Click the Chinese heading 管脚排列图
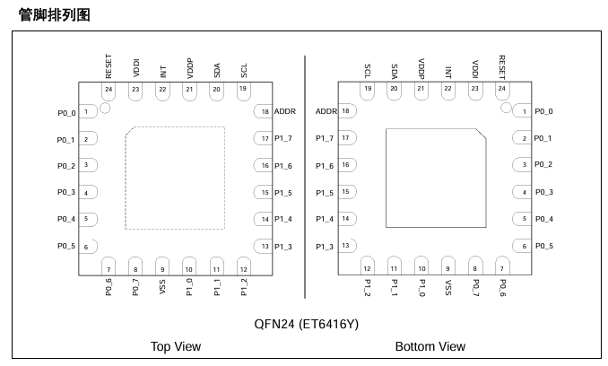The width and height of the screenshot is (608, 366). [55, 15]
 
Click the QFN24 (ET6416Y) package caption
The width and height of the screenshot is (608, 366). [307, 324]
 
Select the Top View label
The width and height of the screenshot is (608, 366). [176, 346]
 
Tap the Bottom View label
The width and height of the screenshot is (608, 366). [430, 346]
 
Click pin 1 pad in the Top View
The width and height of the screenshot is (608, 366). [88, 111]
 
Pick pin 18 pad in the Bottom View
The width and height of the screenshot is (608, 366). [347, 111]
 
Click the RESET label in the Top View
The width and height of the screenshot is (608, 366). [109, 66]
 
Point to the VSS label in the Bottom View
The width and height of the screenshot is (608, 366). [447, 287]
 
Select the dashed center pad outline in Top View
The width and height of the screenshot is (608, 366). [126, 178]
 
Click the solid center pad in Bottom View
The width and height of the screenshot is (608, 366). [436, 178]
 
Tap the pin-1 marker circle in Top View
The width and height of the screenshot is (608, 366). [105, 109]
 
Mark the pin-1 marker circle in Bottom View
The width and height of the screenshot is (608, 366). [506, 108]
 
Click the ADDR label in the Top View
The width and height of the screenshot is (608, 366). [285, 111]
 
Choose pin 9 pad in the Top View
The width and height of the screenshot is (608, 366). [162, 266]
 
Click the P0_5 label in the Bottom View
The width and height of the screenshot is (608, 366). [544, 246]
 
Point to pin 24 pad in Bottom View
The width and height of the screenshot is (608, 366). [502, 91]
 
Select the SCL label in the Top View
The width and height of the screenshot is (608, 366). [244, 71]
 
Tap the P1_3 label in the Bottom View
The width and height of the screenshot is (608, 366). [325, 247]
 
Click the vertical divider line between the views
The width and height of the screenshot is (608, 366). [305, 177]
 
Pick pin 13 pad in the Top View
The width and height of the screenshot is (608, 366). [264, 246]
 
